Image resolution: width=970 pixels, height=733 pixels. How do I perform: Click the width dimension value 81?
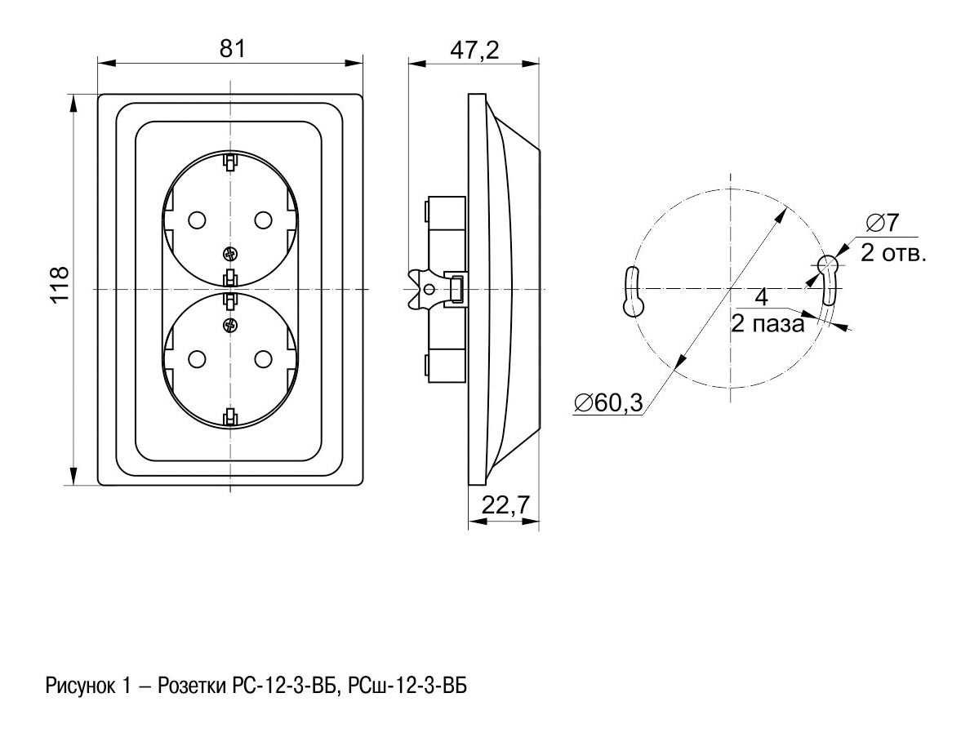point(233,48)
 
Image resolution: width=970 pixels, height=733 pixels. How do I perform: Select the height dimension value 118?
point(60,285)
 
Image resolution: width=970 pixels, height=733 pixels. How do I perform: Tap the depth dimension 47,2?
point(474,51)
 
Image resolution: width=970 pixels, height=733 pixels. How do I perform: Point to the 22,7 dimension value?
point(505,505)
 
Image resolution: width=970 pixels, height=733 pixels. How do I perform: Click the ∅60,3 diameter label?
point(609,402)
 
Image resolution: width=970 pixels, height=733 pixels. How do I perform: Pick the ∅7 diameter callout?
point(883,223)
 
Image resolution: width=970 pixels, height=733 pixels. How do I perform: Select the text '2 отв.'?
point(893,252)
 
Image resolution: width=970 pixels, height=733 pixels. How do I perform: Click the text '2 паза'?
point(768,323)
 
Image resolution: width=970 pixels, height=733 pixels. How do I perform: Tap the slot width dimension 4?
point(762,297)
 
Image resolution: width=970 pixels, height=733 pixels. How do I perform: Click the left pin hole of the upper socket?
point(196,220)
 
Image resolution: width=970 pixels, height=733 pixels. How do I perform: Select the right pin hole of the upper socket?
point(263,220)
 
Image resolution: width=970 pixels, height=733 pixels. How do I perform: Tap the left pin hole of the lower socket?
point(196,358)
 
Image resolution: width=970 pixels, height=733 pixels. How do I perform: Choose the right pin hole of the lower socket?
point(263,358)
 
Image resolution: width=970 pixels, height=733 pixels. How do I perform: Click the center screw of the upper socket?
point(229,253)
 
